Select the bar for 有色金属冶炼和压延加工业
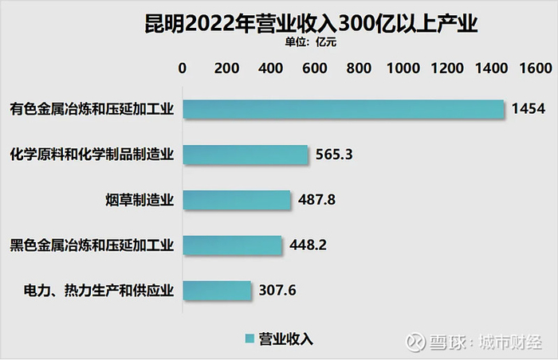(x=344, y=109)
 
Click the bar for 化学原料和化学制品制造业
(x=246, y=155)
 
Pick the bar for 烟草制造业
(x=237, y=200)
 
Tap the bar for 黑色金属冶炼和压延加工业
(x=232, y=245)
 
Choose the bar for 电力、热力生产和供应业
(x=217, y=290)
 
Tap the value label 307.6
(x=277, y=290)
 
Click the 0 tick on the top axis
(x=183, y=68)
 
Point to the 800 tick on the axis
(x=360, y=68)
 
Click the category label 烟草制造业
(x=139, y=200)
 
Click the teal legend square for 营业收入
(x=249, y=338)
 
